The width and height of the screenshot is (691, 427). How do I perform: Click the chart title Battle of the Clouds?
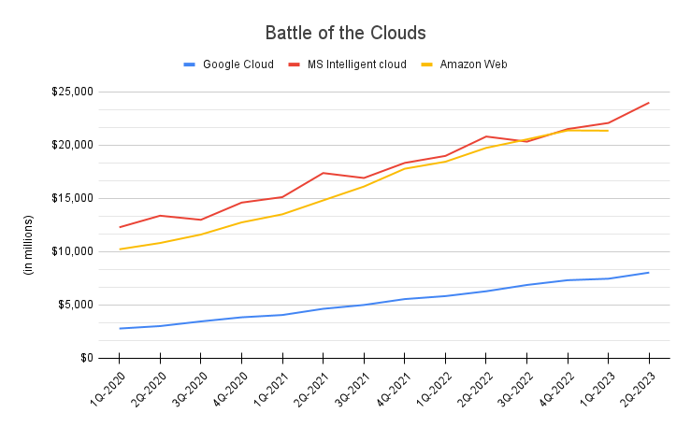click(345, 33)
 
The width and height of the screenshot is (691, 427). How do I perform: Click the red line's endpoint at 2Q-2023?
click(649, 103)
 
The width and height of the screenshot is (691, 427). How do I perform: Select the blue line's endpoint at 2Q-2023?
click(649, 273)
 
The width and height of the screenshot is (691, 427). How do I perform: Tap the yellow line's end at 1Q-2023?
click(608, 131)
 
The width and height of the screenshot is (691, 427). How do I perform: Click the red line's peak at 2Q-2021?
click(323, 173)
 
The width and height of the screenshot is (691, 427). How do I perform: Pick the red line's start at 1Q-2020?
click(120, 227)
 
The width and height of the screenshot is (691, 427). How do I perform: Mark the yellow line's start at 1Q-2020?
click(120, 249)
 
